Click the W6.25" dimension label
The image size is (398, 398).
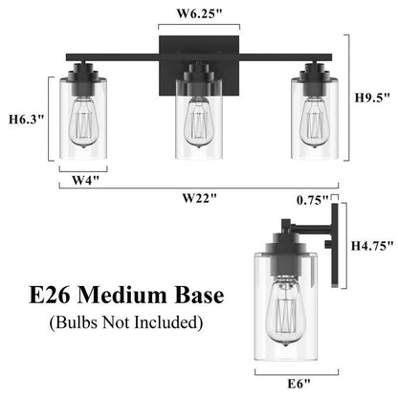click(x=199, y=13)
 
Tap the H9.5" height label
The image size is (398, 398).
click(x=372, y=97)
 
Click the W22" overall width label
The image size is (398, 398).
click(x=199, y=197)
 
